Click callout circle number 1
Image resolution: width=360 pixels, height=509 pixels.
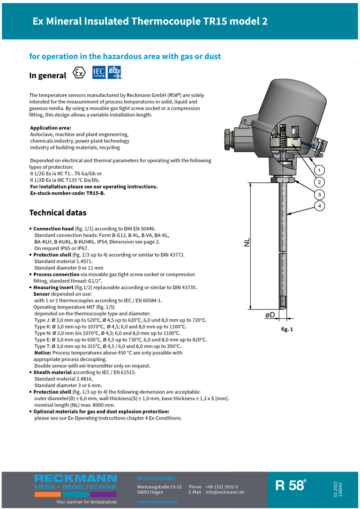[319, 170]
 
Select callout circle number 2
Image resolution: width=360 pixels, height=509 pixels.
[319, 182]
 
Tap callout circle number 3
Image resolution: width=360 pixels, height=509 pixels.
[319, 194]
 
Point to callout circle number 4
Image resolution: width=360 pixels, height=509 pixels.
[319, 206]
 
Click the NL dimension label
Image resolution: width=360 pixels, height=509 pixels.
[247, 242]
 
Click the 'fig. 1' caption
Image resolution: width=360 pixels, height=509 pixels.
[287, 329]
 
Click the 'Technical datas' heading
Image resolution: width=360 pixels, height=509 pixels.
[58, 213]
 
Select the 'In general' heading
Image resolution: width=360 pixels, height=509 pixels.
[48, 75]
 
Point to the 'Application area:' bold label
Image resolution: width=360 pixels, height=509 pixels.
[51, 128]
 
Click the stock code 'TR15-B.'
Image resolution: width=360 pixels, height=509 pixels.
[96, 193]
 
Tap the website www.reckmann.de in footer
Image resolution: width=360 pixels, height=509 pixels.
[157, 502]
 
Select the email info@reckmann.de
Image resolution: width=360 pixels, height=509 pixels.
[225, 492]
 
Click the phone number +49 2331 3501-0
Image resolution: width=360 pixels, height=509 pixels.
[222, 487]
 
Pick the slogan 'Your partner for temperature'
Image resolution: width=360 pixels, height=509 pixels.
[86, 502]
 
